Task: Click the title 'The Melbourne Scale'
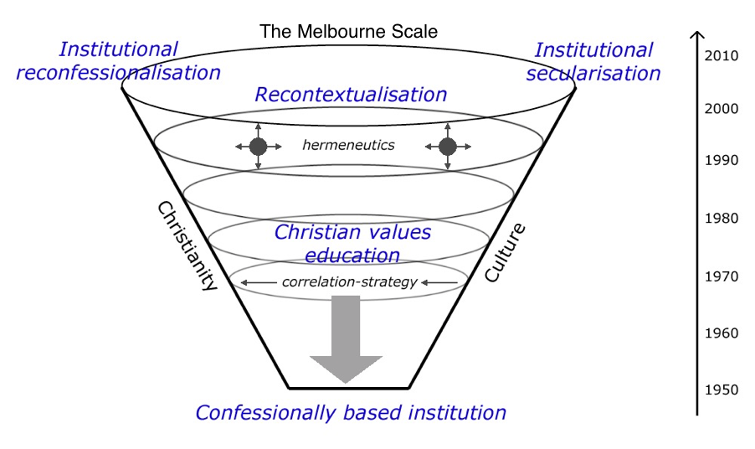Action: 349,33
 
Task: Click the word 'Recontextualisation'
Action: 351,95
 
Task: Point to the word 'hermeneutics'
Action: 348,146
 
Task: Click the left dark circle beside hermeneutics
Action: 258,147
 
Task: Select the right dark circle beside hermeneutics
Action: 447,147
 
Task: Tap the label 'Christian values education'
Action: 352,243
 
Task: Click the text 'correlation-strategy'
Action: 349,282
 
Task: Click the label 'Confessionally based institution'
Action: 351,413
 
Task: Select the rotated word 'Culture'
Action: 506,251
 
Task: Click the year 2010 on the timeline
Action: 721,56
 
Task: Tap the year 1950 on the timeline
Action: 721,390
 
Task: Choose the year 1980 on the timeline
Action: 721,219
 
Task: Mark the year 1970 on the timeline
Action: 721,276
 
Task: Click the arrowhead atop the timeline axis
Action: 696,35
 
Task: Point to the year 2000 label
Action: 721,108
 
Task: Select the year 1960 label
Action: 721,333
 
